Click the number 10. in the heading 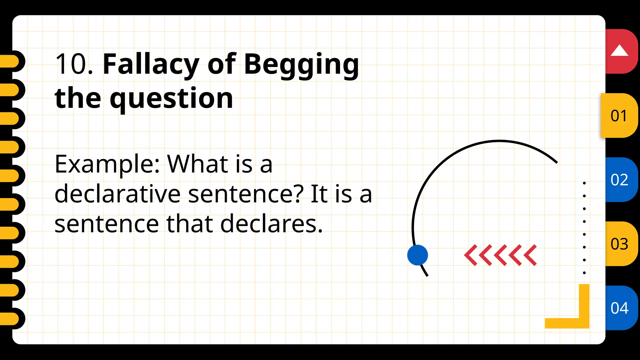[x=74, y=64]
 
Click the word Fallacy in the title [x=151, y=64]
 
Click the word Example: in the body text [x=107, y=164]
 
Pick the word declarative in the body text [x=117, y=194]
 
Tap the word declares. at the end [x=271, y=224]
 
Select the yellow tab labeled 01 [x=619, y=116]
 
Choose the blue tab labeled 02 [x=620, y=180]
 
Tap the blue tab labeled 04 [x=620, y=308]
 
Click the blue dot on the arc [x=417, y=255]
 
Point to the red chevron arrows [x=500, y=255]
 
